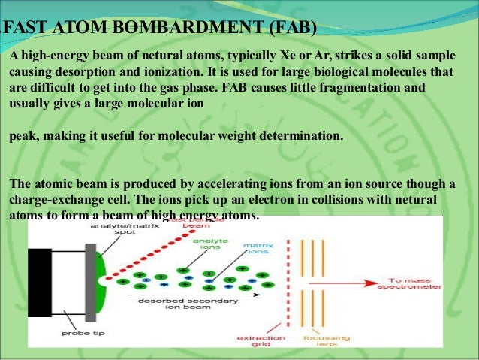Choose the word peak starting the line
point(23,138)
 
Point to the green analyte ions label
point(204,244)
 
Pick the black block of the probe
point(39,282)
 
